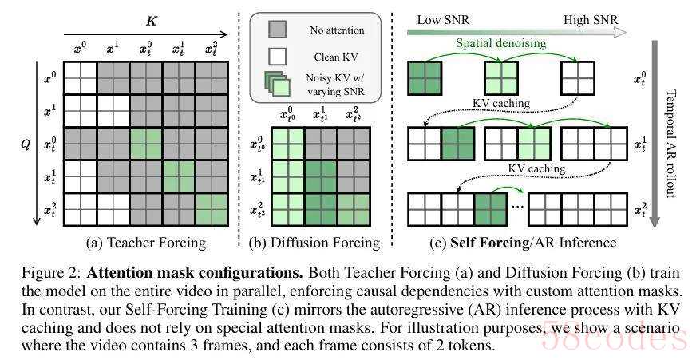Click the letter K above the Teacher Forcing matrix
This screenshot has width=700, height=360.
point(152,21)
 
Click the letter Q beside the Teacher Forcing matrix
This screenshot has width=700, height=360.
point(26,144)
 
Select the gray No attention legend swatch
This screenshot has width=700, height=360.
point(277,30)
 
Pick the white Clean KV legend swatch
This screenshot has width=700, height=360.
point(277,57)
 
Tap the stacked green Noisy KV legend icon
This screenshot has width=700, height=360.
point(277,85)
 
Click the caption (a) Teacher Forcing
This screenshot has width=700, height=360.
point(146,243)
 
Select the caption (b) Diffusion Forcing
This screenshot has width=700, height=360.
point(314,243)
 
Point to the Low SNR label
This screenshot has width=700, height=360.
point(443,20)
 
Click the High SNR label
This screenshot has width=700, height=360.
point(591,20)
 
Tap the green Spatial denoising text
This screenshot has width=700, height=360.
point(501,43)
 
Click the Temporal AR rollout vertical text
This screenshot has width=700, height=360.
point(670,143)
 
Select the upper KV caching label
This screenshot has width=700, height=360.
point(501,103)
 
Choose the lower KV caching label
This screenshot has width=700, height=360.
point(536,168)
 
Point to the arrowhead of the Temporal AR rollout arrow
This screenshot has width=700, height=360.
point(655,223)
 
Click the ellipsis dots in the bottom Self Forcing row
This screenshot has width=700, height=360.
point(517,208)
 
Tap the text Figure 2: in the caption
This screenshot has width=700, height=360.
point(51,272)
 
